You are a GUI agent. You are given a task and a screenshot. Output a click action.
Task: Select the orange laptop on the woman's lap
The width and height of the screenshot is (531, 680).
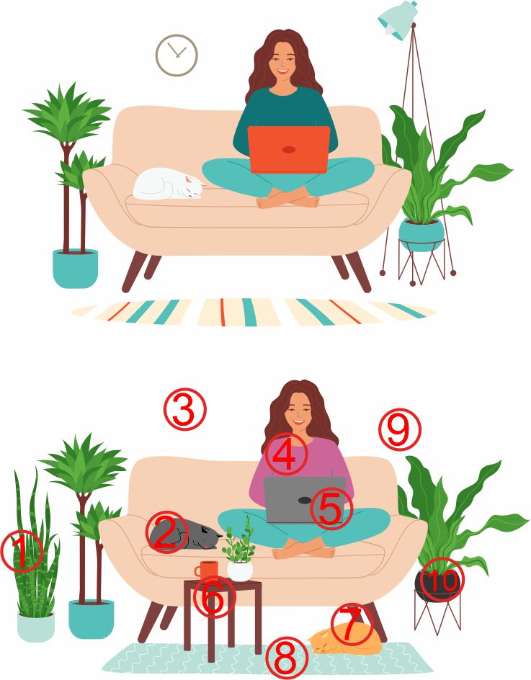(288, 149)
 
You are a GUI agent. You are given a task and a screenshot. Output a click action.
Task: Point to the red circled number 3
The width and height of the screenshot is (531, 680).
(185, 409)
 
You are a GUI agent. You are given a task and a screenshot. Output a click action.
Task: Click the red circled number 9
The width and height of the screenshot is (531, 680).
(400, 429)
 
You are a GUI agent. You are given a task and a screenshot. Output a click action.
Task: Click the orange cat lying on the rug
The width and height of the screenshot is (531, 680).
(345, 639)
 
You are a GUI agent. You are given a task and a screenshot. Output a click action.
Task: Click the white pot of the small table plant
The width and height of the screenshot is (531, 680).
(240, 571)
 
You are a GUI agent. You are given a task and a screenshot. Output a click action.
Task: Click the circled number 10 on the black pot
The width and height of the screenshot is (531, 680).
(443, 579)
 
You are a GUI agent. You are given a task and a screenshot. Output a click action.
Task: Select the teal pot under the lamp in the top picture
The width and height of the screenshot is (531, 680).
(421, 235)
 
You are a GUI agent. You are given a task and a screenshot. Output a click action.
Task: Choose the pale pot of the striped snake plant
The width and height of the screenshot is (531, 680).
(36, 627)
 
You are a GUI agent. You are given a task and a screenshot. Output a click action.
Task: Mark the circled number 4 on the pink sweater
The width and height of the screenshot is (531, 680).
(286, 454)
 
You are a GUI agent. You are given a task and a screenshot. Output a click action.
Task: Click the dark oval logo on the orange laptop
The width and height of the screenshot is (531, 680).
(290, 150)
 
